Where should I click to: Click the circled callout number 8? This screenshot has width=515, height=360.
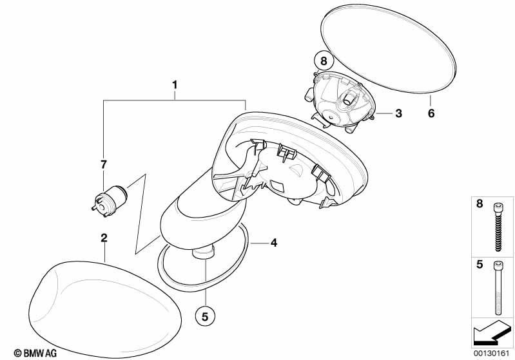pos(324,61)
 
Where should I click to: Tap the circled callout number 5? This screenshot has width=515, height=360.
pos(205,316)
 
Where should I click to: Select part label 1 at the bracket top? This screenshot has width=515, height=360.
pos(175,85)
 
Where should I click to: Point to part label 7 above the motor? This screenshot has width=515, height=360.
pos(104,164)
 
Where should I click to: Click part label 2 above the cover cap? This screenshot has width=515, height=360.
pos(104,238)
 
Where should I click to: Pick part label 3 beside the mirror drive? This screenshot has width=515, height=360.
pos(398,113)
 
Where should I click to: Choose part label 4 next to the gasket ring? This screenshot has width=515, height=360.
pos(273,243)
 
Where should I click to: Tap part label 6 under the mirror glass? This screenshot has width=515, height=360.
pos(431,113)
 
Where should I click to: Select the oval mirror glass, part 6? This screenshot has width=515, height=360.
pos(387,49)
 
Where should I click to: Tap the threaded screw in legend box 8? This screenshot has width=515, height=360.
pos(497,227)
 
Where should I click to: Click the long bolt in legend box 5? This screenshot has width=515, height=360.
pos(496,288)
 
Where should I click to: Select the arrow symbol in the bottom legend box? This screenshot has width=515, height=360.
pos(492,333)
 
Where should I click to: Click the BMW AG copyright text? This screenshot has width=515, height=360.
pos(35,353)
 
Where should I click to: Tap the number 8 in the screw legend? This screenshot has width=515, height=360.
pos(480,204)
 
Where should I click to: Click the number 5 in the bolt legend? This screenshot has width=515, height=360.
pos(480,264)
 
